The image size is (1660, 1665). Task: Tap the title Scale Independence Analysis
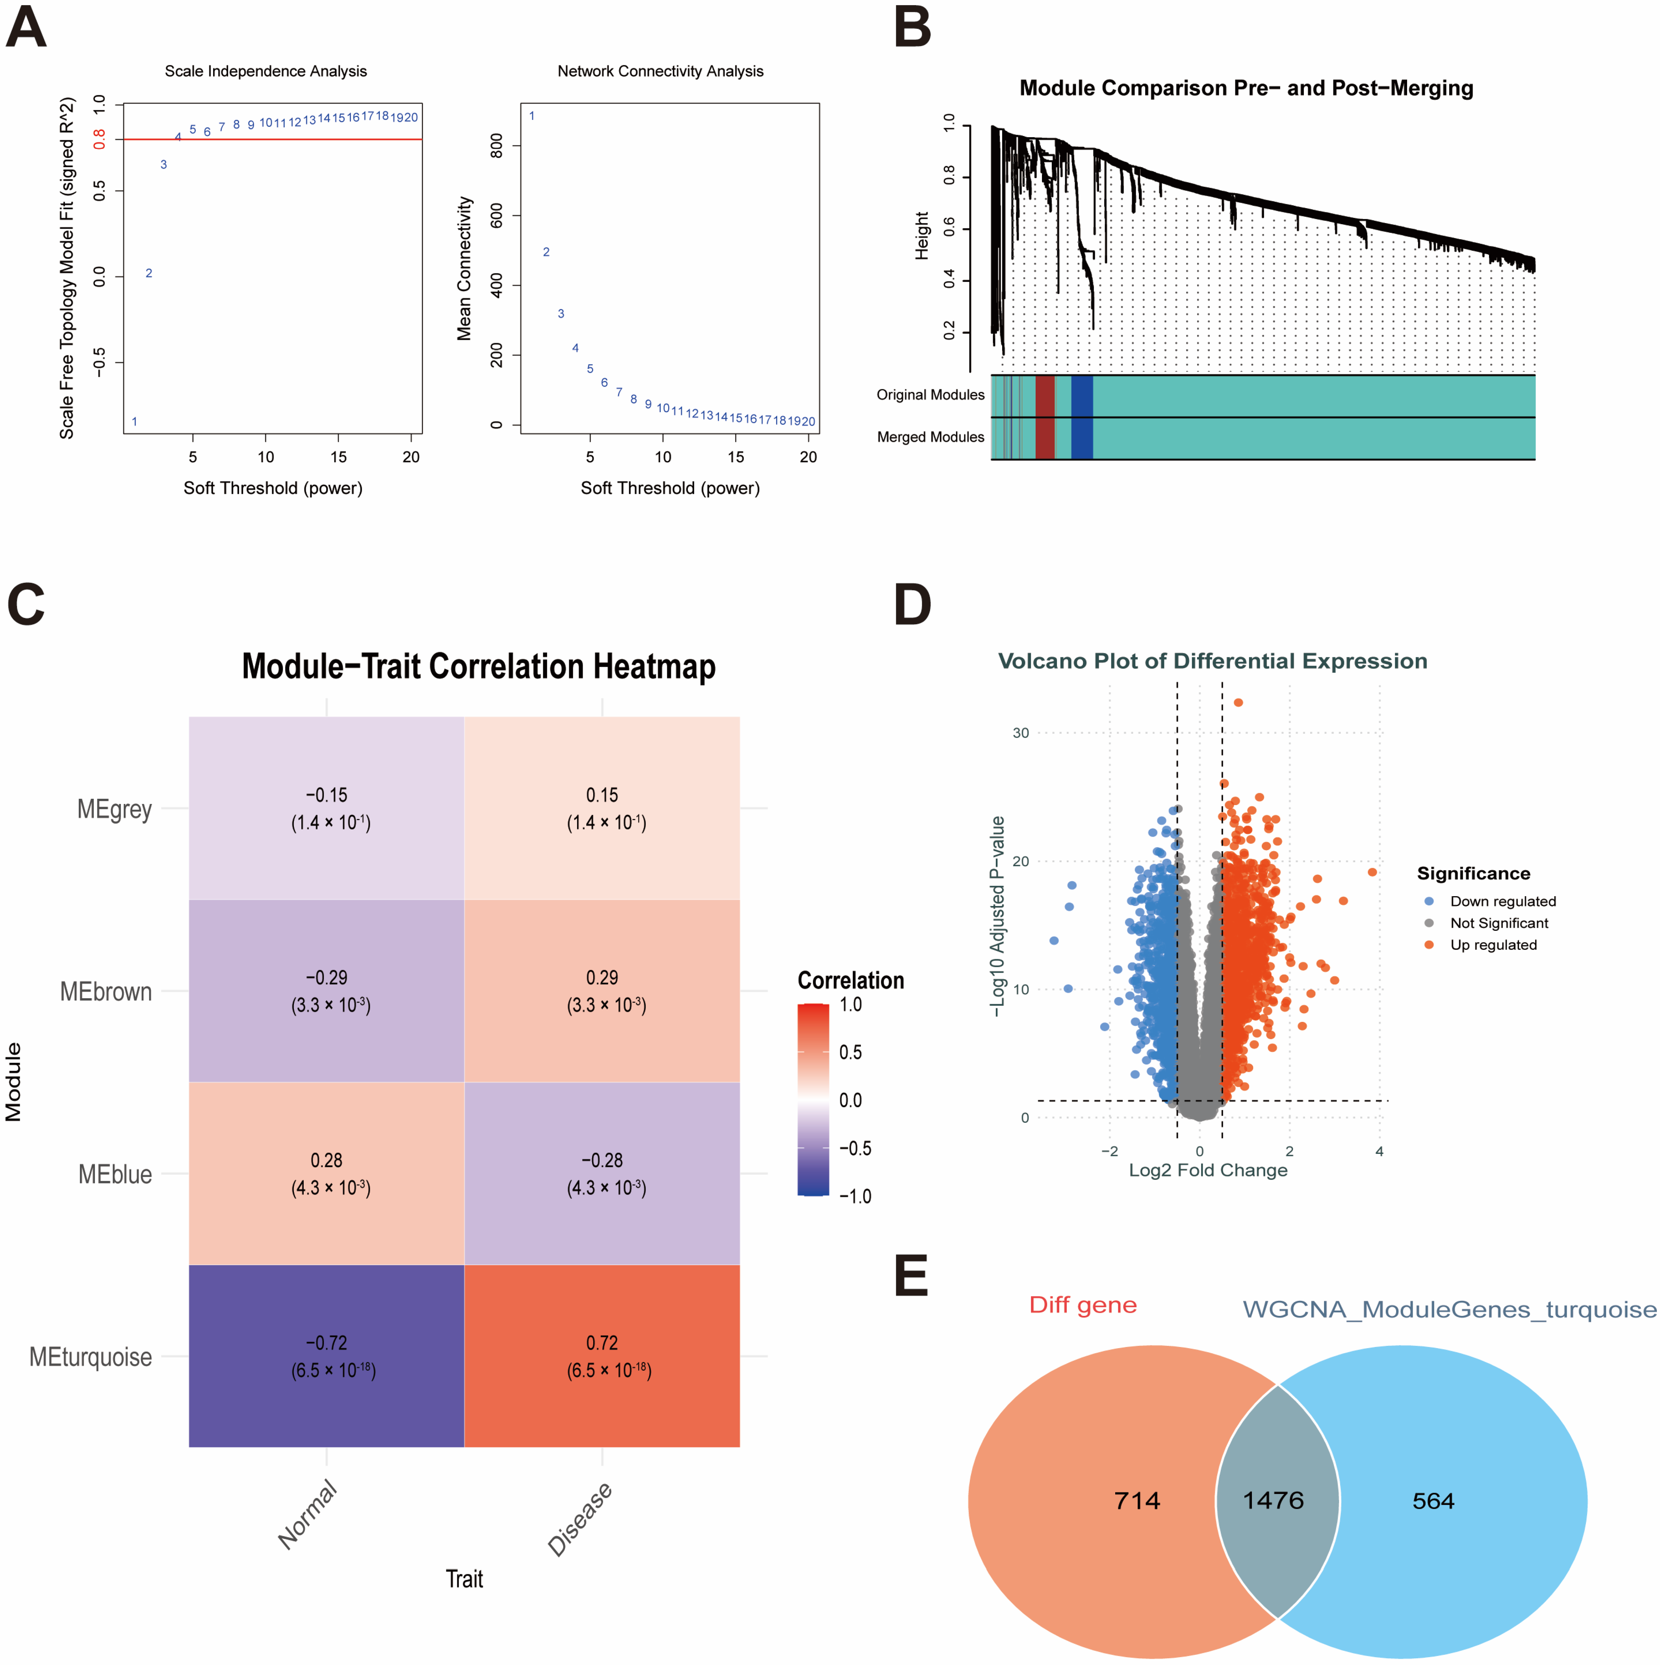[x=266, y=71]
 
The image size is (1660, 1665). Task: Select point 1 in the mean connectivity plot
[x=531, y=115]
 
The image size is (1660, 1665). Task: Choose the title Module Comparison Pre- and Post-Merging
[x=1246, y=88]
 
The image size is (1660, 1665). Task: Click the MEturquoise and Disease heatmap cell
[x=601, y=1356]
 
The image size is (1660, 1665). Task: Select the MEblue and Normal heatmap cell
[x=327, y=1173]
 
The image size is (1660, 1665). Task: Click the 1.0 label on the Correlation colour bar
[x=850, y=1004]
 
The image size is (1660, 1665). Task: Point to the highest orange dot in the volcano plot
[x=1238, y=702]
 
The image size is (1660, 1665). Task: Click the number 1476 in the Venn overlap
[x=1273, y=1500]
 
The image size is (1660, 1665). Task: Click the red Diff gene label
[x=1083, y=1305]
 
